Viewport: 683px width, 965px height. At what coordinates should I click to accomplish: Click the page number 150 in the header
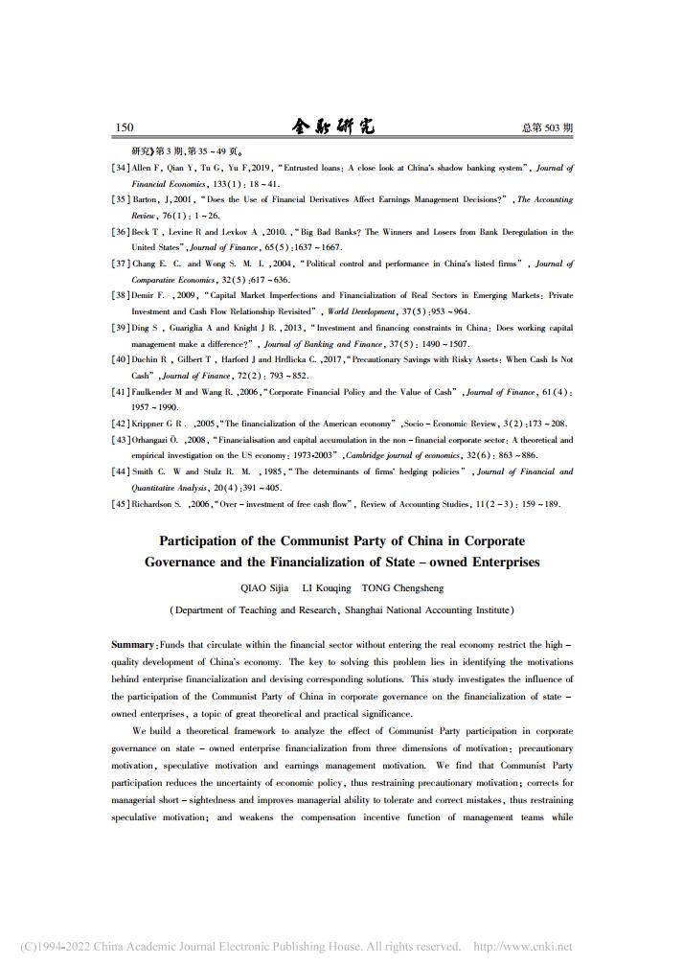[124, 127]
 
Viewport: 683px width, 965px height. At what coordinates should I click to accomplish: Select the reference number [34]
[121, 168]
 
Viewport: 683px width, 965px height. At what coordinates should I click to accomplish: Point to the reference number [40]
[121, 359]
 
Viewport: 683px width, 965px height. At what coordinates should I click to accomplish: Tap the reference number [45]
[121, 504]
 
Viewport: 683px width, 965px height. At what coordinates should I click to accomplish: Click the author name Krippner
[149, 424]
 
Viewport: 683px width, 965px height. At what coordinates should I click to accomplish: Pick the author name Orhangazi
[152, 440]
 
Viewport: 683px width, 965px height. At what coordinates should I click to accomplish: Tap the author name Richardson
[155, 504]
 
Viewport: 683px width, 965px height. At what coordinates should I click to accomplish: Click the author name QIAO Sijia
[264, 587]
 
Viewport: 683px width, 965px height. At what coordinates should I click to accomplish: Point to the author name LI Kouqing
[327, 587]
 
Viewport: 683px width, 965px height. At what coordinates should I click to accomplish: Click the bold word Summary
[132, 646]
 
